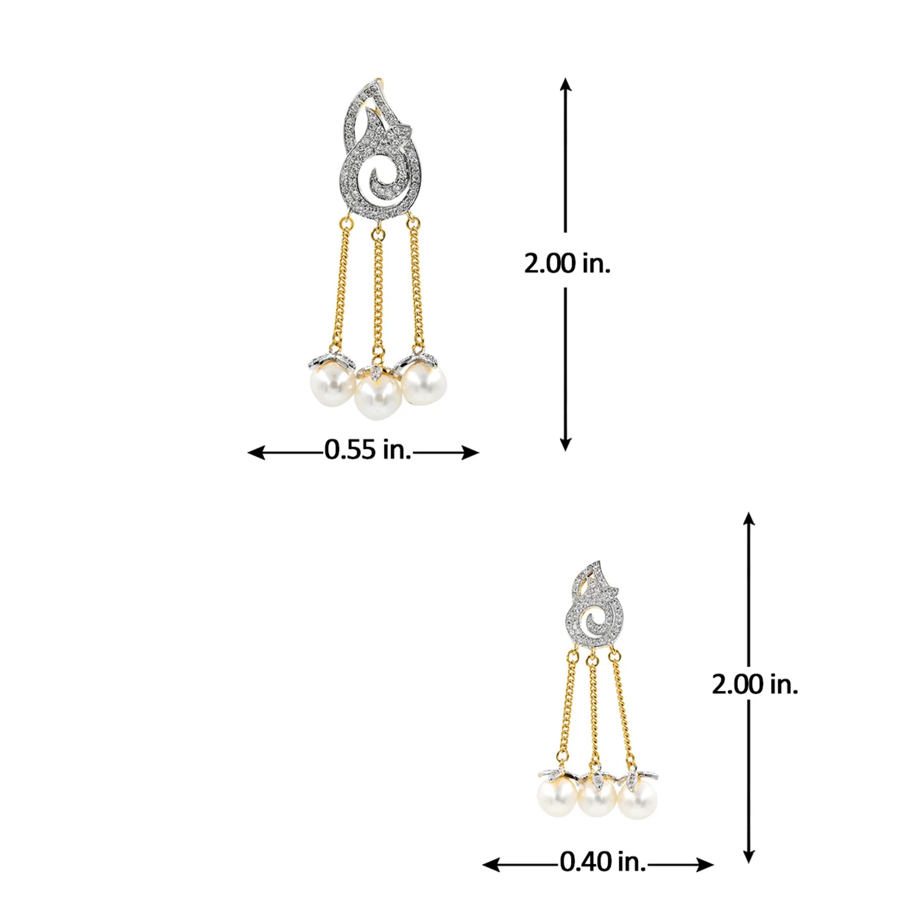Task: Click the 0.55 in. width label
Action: [x=367, y=450]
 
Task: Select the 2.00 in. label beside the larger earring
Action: [x=567, y=263]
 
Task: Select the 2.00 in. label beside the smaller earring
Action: [x=755, y=684]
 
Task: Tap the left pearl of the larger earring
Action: [x=331, y=385]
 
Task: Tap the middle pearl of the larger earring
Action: [x=378, y=397]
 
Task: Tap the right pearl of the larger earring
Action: [x=424, y=383]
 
